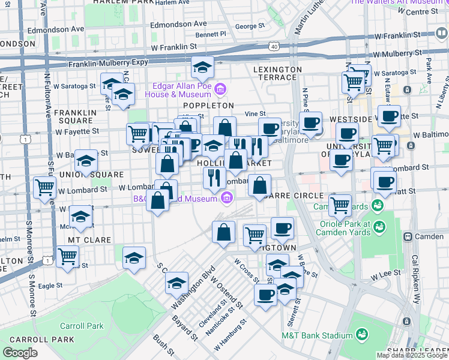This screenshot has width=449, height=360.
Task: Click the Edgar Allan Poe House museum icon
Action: click(220, 90)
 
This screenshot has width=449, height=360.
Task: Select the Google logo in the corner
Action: click(20, 353)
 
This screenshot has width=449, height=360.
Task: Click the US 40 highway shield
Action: click(274, 46)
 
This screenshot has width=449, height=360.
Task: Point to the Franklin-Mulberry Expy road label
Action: click(109, 63)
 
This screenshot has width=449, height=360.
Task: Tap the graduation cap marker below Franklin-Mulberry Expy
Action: click(203, 69)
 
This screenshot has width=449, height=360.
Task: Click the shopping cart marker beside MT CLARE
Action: click(67, 257)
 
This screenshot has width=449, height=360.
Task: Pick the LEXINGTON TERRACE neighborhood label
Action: click(277, 70)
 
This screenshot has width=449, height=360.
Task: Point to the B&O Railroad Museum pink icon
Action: click(226, 197)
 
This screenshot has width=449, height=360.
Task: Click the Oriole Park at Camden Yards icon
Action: click(379, 227)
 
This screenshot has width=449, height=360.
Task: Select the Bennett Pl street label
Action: click(211, 35)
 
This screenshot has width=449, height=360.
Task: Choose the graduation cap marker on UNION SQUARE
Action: click(86, 162)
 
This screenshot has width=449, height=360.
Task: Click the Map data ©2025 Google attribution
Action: click(412, 355)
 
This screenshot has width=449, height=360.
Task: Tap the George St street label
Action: click(250, 26)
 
